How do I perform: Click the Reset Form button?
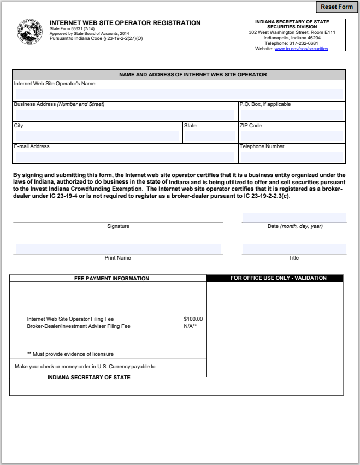(337, 7)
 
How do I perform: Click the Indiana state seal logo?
(30, 33)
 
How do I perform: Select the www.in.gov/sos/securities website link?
(301, 49)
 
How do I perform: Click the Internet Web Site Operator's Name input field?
(179, 94)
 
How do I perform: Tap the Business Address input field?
(125, 115)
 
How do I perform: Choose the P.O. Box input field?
(291, 115)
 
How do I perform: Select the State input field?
(210, 136)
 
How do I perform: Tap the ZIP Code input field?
(291, 136)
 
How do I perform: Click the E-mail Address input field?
(125, 157)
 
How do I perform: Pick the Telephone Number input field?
(291, 157)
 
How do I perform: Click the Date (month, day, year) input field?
(294, 217)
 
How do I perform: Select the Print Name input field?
(119, 249)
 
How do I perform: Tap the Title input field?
(294, 249)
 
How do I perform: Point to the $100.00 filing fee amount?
(193, 319)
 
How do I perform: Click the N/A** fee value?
(190, 326)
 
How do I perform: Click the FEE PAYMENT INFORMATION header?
(111, 278)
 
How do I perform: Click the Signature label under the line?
(118, 226)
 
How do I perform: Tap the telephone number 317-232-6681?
(303, 43)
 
